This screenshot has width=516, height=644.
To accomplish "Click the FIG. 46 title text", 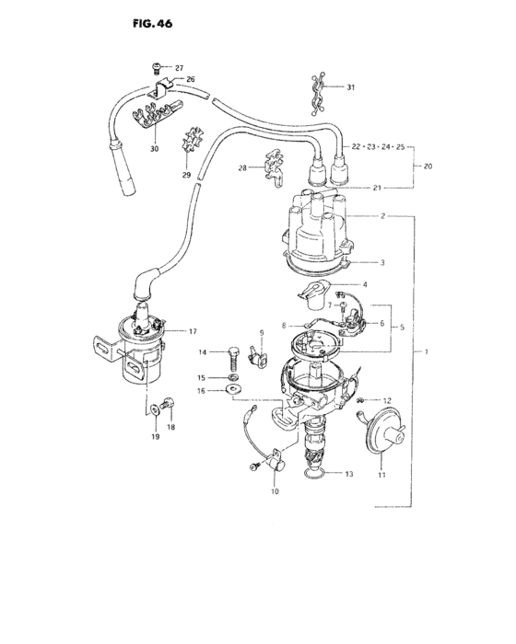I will click(138, 20).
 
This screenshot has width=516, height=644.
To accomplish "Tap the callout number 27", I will click(179, 68).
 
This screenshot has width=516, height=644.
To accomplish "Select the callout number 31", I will click(350, 87).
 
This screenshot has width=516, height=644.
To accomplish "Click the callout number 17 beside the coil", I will click(193, 331).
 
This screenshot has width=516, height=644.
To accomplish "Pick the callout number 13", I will click(349, 475).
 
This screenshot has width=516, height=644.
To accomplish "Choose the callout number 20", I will click(428, 167).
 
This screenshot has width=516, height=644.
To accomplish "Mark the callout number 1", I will click(426, 352).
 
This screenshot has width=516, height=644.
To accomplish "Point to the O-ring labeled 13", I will click(315, 474).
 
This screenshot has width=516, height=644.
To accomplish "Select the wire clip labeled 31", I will click(316, 90).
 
